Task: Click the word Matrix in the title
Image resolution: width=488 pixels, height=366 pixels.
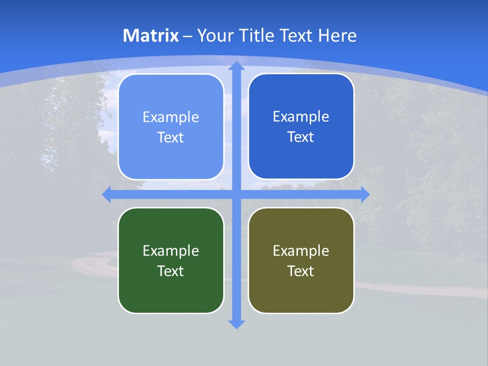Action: [x=150, y=36]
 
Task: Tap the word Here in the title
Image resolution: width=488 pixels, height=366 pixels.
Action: [x=337, y=36]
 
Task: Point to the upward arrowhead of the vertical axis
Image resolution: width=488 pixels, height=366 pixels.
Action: [x=236, y=66]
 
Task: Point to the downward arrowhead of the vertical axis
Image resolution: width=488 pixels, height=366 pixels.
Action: [x=236, y=324]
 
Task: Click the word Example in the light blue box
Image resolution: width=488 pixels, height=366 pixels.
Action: [x=171, y=117]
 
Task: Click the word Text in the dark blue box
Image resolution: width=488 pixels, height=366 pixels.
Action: [x=301, y=137]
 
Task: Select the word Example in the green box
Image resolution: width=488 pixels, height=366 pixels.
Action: [x=171, y=251]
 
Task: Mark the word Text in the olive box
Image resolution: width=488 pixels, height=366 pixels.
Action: [x=301, y=271]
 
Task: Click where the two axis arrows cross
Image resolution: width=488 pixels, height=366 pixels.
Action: [x=236, y=194]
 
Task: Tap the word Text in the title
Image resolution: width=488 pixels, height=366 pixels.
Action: [x=295, y=36]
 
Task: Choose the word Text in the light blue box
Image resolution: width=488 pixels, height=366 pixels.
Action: [x=171, y=137]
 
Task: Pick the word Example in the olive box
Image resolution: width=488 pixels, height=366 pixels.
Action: [x=301, y=251]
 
